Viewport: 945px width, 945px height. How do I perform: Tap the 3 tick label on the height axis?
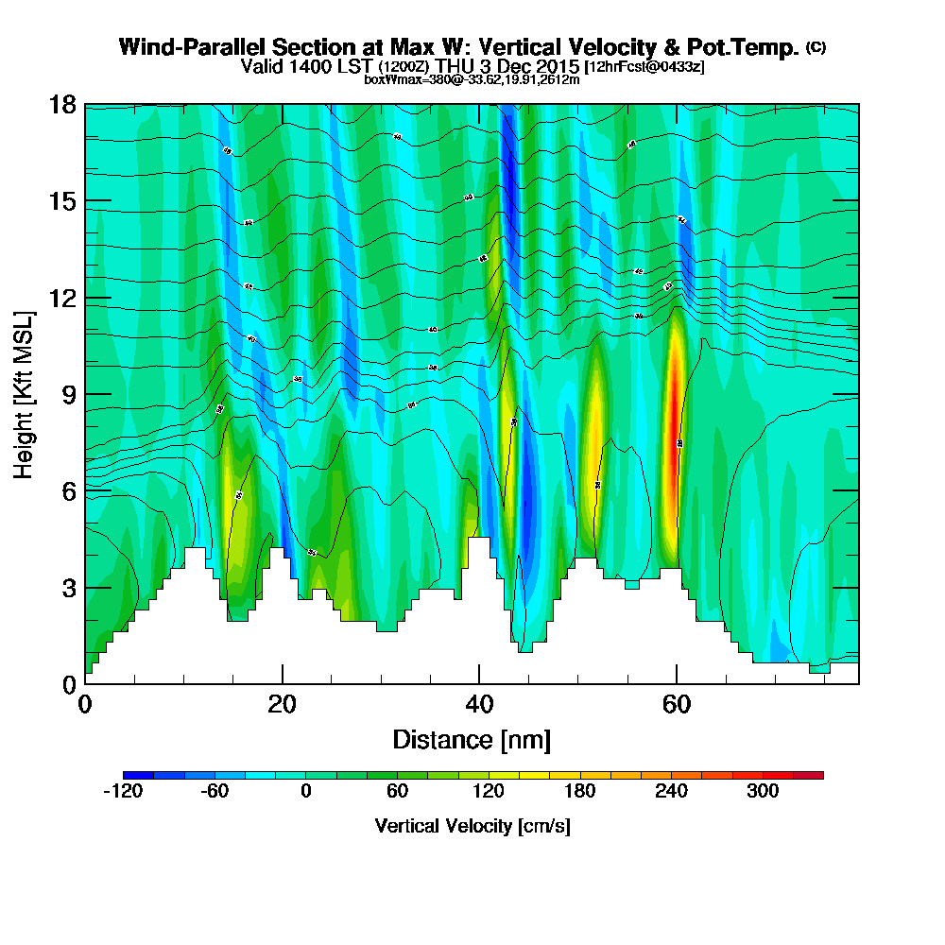point(66,588)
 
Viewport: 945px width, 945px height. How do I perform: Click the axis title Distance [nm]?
point(472,739)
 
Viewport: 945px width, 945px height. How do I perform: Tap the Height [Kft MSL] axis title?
point(25,393)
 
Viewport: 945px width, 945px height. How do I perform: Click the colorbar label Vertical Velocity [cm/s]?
point(472,826)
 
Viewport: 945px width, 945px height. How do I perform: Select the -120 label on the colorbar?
point(122,792)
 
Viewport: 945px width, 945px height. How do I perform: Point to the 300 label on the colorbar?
point(763,792)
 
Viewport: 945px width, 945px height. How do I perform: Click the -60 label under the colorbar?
point(215,792)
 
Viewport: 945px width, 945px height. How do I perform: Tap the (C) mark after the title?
point(816,48)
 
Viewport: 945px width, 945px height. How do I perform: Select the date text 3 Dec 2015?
point(530,66)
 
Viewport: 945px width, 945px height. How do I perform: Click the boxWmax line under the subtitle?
point(472,79)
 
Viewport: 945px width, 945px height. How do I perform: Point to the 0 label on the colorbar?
point(305,792)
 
